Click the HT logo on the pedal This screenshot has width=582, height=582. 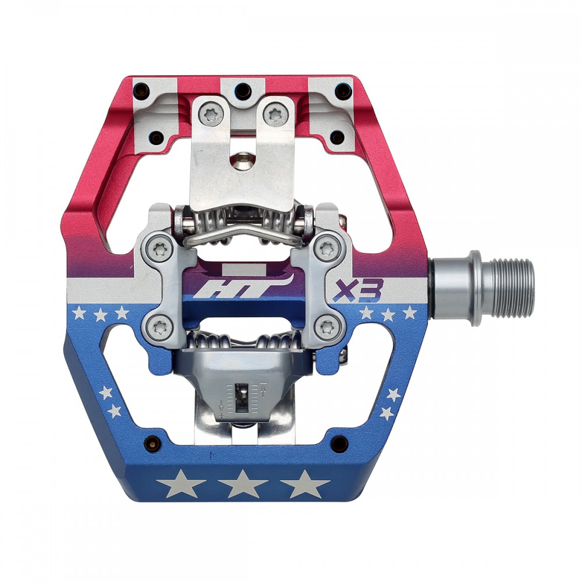218,288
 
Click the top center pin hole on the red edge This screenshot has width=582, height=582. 243,91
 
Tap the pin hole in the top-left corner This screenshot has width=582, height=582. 140,91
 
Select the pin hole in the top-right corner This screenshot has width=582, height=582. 344,91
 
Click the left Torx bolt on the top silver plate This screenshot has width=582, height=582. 211,114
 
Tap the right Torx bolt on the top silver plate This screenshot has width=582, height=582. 275,114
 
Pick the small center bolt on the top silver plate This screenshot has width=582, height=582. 243,161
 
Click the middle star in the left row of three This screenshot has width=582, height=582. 101,315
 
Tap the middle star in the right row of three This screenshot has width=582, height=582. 388,314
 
